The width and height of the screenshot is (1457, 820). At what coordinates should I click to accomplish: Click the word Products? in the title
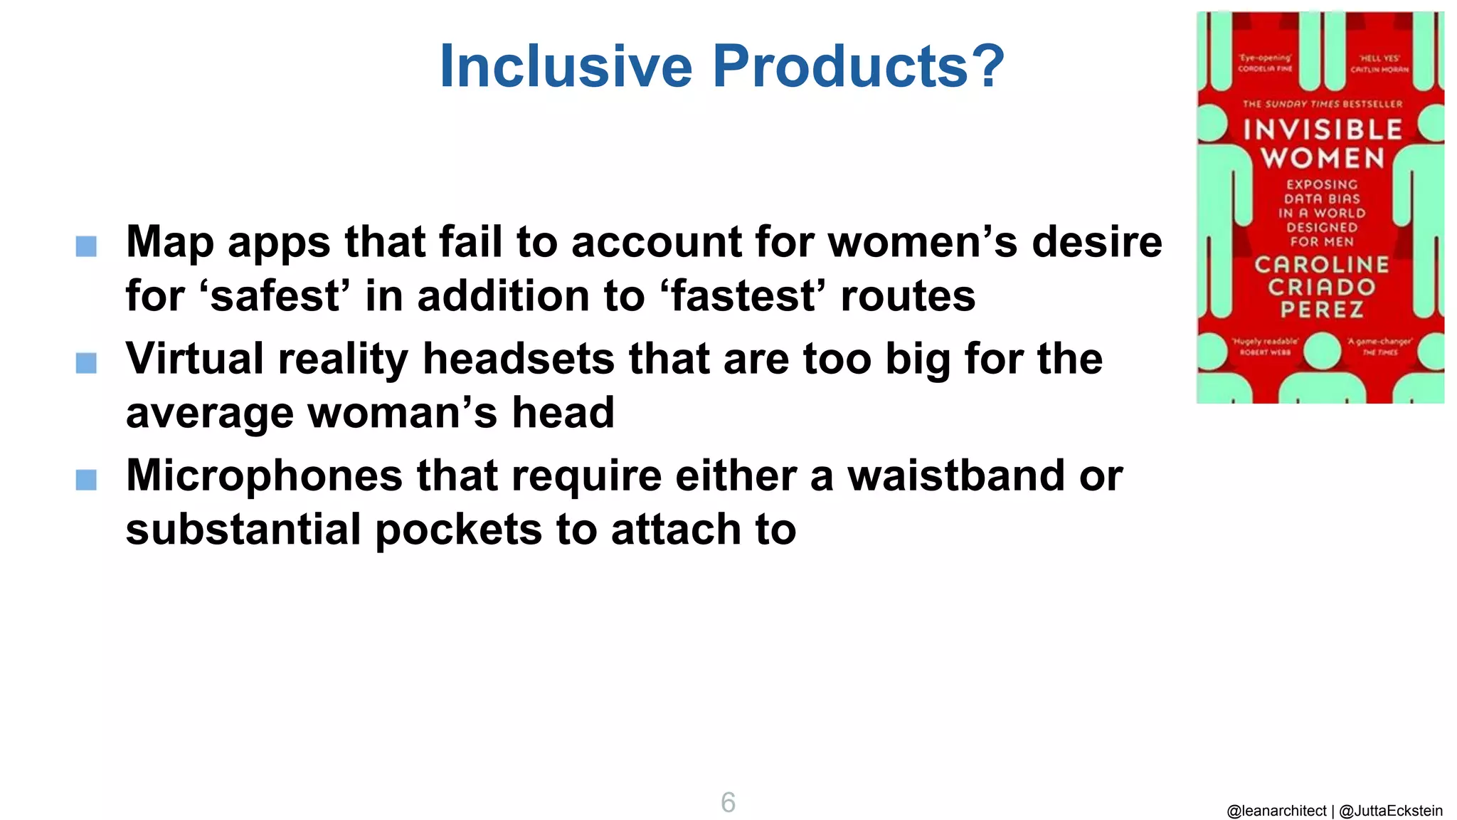[x=859, y=66]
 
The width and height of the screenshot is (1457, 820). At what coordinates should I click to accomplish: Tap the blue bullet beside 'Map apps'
[x=86, y=246]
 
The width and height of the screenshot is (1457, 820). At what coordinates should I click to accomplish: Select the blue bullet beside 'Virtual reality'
[x=86, y=363]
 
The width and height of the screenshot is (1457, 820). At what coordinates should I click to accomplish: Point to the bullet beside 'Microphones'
[x=86, y=480]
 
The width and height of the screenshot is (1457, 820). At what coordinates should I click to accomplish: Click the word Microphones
[x=264, y=475]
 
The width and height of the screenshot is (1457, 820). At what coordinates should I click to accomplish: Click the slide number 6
[x=728, y=802]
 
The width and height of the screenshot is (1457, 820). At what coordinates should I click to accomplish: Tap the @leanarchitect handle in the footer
[x=1276, y=811]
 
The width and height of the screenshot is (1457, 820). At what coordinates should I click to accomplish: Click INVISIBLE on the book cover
[x=1323, y=130]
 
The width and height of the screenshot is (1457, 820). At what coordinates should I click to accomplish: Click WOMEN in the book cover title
[x=1323, y=159]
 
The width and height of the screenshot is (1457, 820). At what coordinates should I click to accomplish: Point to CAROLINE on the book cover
[x=1322, y=265]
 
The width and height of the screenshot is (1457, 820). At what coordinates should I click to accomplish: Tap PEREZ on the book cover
[x=1322, y=310]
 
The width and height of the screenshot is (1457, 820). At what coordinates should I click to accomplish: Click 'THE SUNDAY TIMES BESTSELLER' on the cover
[x=1322, y=104]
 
